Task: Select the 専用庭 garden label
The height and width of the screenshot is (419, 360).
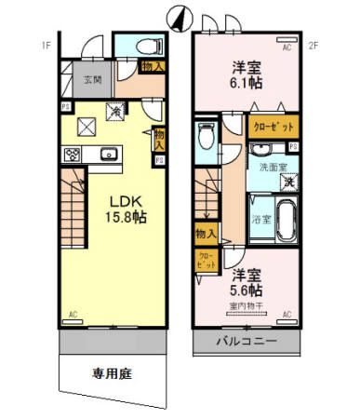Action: (x=110, y=375)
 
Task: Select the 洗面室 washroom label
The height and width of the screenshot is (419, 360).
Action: (x=268, y=167)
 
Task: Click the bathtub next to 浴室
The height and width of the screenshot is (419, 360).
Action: (x=283, y=222)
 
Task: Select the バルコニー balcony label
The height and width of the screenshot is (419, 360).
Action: (x=247, y=343)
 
